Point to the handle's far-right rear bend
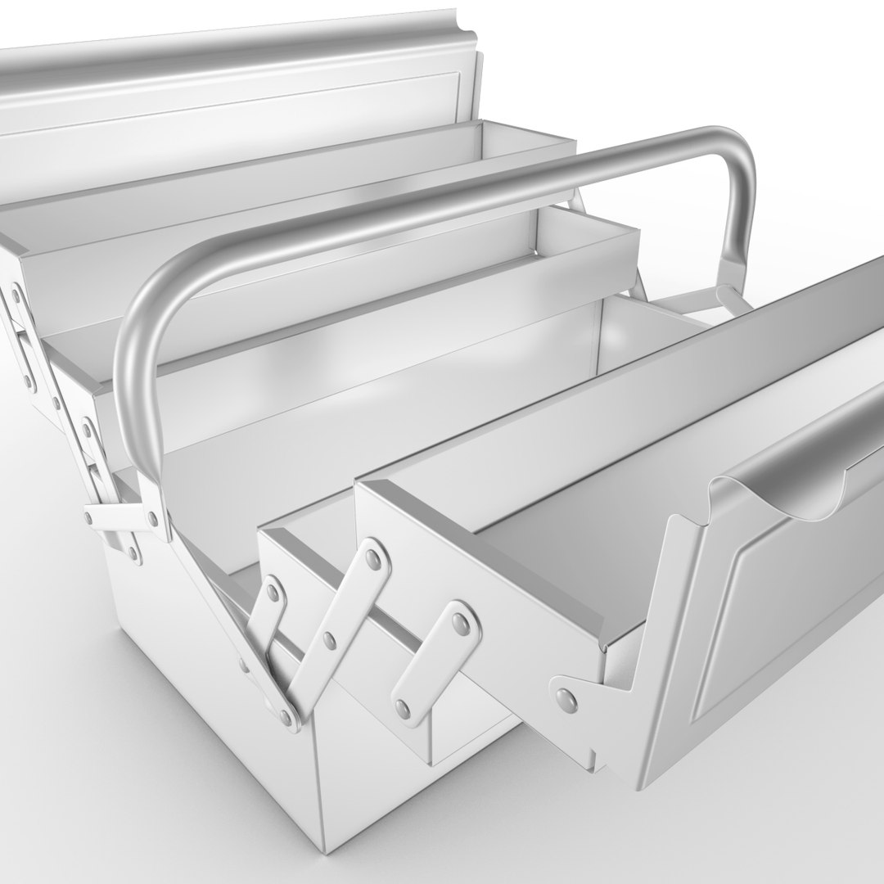tap(737, 156)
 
